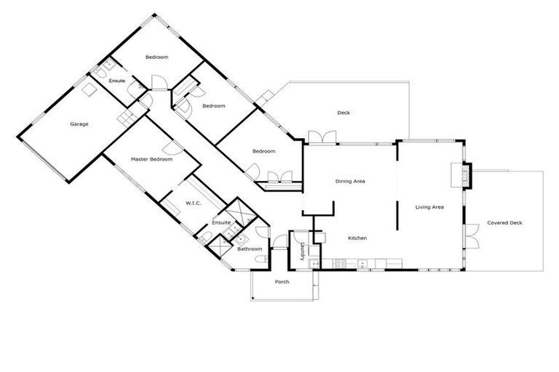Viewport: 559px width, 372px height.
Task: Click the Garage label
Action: point(79,124)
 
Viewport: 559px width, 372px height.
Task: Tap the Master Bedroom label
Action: point(151,158)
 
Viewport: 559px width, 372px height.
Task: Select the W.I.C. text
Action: point(193,203)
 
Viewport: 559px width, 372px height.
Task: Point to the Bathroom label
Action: point(250,249)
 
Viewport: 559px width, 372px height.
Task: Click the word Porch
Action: point(282,282)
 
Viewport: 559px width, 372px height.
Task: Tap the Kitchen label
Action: point(357,238)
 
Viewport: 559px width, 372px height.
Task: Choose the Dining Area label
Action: point(350,181)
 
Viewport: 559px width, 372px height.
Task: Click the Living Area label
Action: point(429,208)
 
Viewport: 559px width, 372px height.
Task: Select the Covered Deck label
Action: point(504,223)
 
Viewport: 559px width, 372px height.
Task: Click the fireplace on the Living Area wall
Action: point(461,174)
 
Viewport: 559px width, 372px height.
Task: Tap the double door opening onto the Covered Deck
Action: point(472,237)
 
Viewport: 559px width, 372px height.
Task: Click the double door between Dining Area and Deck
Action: point(321,137)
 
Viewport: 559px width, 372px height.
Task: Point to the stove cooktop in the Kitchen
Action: point(340,262)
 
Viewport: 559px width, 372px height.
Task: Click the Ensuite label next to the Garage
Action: point(117,80)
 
